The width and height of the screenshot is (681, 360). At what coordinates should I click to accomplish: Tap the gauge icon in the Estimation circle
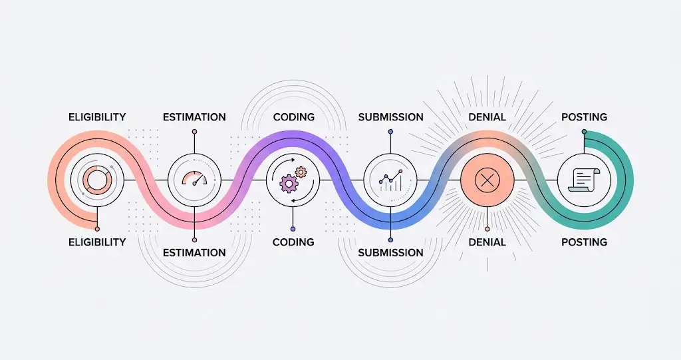point(194,179)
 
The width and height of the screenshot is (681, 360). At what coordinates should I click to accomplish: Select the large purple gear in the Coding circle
point(287,183)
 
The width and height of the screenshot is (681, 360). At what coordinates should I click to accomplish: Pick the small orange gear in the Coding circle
point(301,172)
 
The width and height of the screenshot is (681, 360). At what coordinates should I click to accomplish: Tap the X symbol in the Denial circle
point(487,180)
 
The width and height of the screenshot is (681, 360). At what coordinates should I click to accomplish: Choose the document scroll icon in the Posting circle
point(584,180)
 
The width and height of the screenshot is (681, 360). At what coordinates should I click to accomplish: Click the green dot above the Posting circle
point(584,131)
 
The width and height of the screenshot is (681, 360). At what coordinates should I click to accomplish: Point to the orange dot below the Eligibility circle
point(97,229)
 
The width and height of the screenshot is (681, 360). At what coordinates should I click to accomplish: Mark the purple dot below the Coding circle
point(293,229)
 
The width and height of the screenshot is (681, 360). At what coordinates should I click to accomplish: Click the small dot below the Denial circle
point(487,229)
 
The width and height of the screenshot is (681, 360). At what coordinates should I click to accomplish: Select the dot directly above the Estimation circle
point(195,131)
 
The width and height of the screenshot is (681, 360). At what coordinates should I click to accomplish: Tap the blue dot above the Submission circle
point(390,131)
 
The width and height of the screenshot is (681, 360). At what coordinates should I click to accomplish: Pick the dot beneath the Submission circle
point(390,240)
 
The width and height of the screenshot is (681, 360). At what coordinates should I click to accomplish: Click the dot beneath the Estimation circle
point(195,240)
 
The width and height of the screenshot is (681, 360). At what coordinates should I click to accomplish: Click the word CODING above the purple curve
point(293,117)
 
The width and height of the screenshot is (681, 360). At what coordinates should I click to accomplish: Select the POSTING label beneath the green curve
point(584,242)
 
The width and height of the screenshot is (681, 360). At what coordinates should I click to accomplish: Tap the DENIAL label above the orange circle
point(487,117)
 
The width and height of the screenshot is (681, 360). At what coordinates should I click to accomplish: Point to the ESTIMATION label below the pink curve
point(194,253)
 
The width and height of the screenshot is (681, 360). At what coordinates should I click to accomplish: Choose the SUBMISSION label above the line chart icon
point(390,117)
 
